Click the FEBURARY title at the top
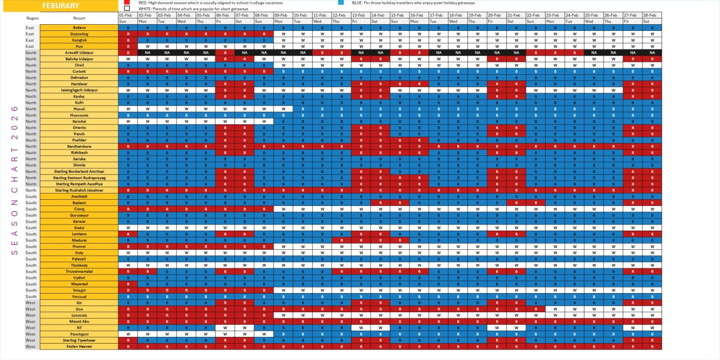tap(60, 6)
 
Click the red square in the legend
tap(127, 3)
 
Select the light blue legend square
tap(341, 3)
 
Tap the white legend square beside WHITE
tap(127, 8)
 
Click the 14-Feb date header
tap(378, 15)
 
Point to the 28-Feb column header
tap(652, 15)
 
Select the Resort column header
tap(79, 18)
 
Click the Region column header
tap(32, 18)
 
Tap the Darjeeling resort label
tap(79, 34)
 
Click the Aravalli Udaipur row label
tap(79, 52)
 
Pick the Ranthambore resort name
tap(79, 146)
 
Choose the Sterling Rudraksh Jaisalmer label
tap(79, 190)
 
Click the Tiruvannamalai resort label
tap(79, 271)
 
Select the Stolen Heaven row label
tap(79, 346)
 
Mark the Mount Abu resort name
tap(79, 321)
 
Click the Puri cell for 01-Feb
tap(128, 46)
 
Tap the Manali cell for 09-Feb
tap(283, 109)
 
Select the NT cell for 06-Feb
tap(225, 327)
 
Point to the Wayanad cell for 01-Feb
tap(128, 283)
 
